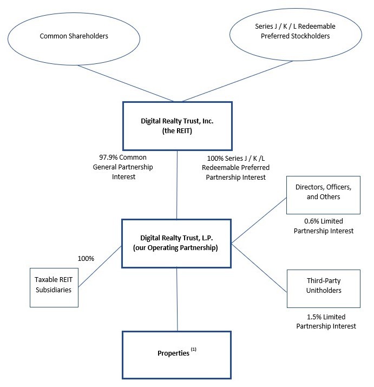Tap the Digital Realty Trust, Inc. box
tap(177, 126)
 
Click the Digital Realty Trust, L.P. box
tap(177, 243)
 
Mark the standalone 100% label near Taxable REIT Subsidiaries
tap(86, 258)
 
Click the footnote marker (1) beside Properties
tap(193, 350)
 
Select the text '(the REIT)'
tap(177, 131)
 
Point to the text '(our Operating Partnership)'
tap(177, 248)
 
